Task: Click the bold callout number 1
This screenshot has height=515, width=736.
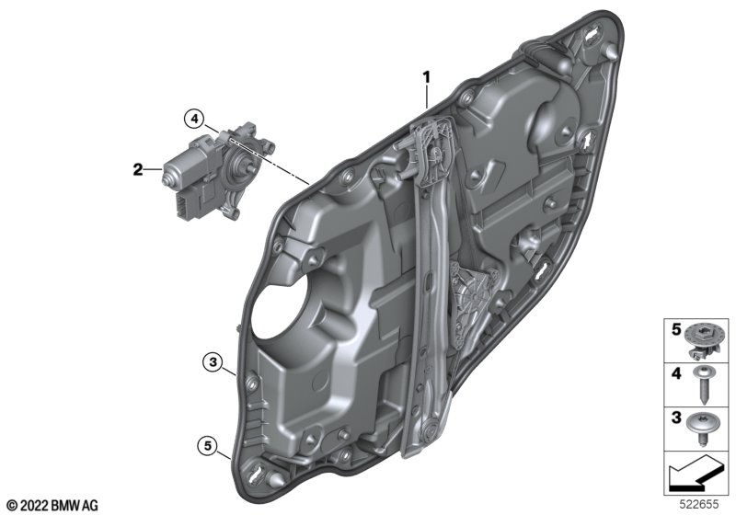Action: [427, 77]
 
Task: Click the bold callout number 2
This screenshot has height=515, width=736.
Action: [137, 169]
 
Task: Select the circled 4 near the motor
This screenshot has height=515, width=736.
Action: [194, 119]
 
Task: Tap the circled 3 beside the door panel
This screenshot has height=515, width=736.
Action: [213, 362]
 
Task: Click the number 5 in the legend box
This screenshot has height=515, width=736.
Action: [676, 330]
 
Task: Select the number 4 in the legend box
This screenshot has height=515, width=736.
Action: [676, 373]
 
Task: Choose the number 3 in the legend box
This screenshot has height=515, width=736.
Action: [676, 418]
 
